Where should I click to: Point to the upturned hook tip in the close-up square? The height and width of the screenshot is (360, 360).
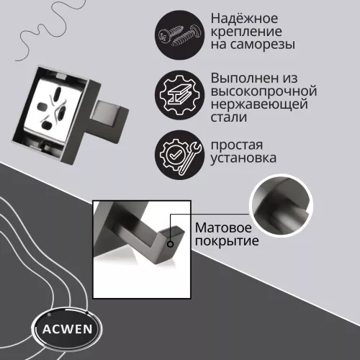click(175, 232)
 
